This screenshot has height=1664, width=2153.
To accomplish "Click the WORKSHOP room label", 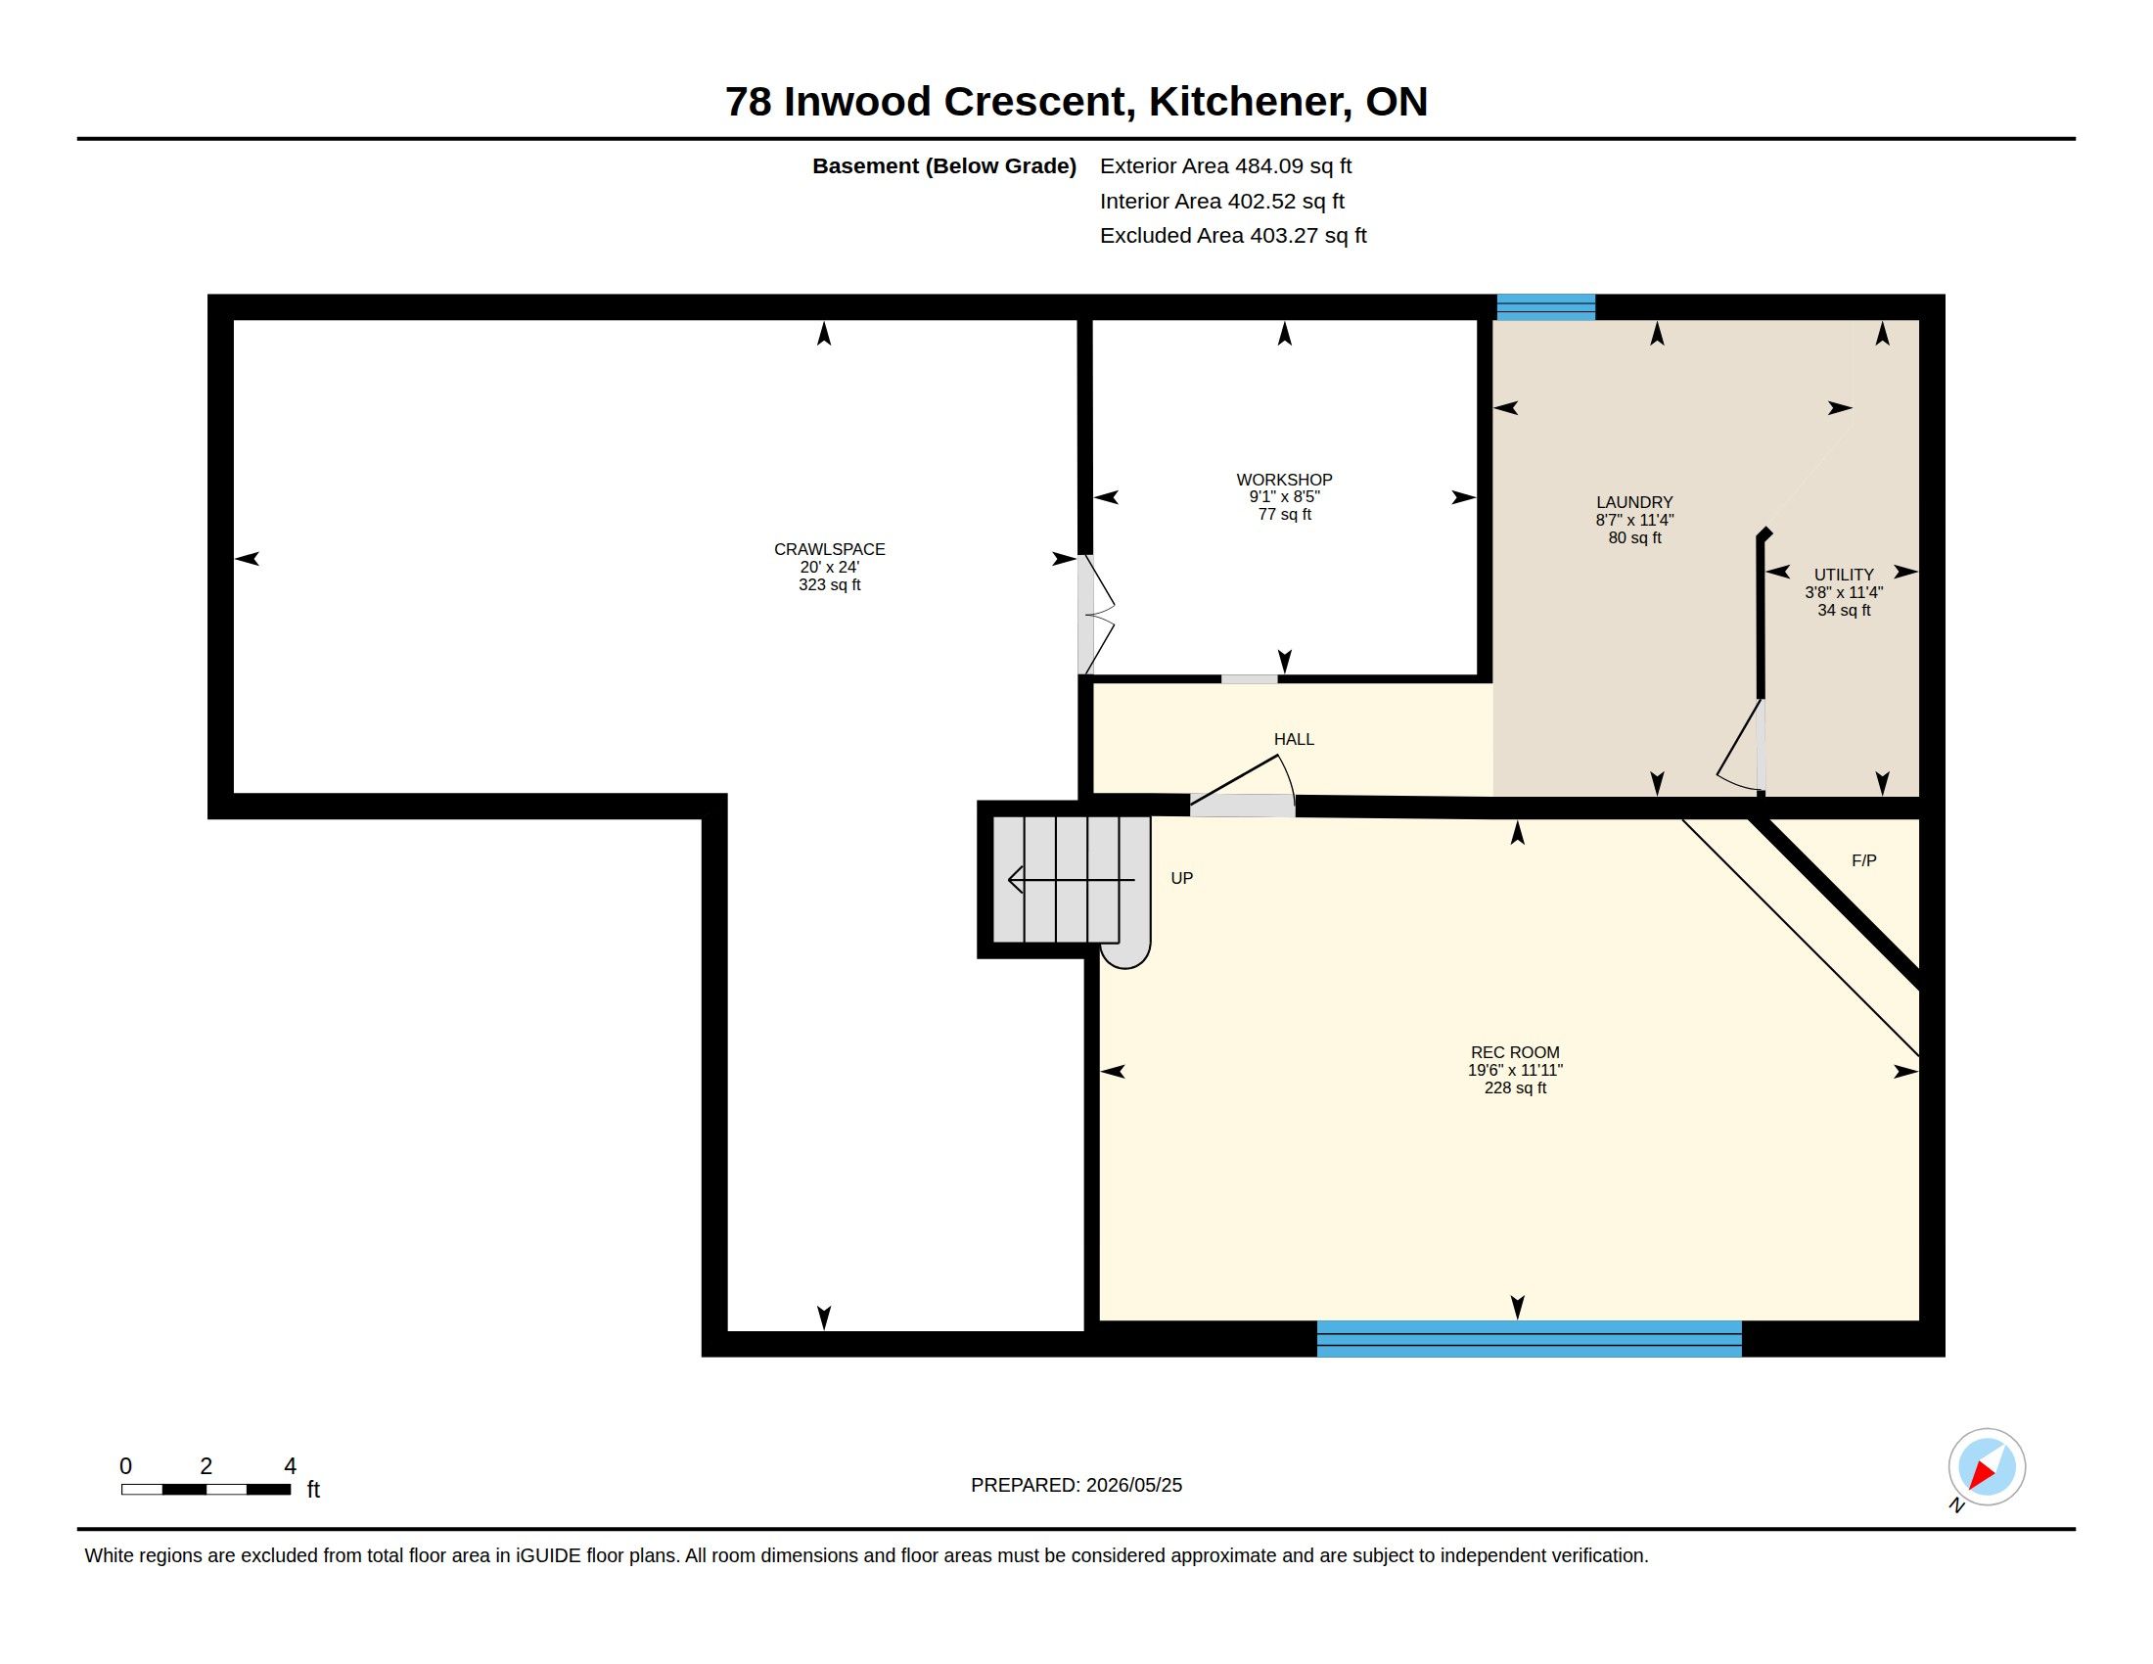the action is pos(1284,480).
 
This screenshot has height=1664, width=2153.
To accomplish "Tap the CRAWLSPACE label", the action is pos(829,549).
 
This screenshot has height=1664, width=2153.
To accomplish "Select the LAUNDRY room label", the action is pos(1634,502).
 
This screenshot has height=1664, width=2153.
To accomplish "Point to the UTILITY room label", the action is pos(1844,575).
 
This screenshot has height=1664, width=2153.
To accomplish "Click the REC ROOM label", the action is pos(1515,1053).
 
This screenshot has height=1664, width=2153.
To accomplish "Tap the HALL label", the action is pos(1294,739).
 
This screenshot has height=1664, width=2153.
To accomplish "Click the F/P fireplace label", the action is pos(1863,860).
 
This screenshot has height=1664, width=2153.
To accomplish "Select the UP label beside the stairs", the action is pos(1181,878).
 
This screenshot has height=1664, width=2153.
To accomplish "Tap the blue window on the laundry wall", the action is pos(1545,306).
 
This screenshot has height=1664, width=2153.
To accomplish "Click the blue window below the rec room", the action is pos(1529,1339).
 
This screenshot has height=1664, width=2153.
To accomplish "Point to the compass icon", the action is pos(1987,1467).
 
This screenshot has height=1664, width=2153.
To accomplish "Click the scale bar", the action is pos(206,1490).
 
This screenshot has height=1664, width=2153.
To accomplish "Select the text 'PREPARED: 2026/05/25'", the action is pos(1076,1486).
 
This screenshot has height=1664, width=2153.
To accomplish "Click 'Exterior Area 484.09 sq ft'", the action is pos(1225,166).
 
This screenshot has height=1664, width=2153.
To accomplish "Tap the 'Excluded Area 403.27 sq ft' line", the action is pos(1233,236).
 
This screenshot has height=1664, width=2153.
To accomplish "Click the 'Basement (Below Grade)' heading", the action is pos(943,166).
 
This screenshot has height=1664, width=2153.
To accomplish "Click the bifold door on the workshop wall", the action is pos(1094,615).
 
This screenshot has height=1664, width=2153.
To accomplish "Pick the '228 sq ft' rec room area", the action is pos(1515,1088).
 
